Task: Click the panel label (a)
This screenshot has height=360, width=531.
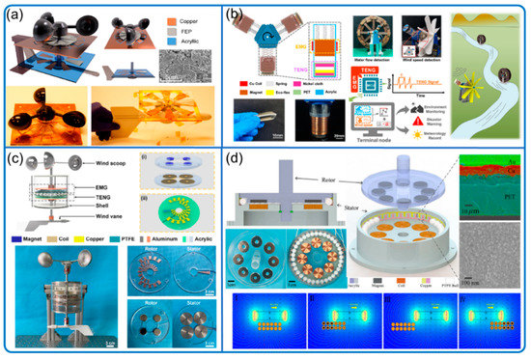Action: (x=16, y=14)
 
